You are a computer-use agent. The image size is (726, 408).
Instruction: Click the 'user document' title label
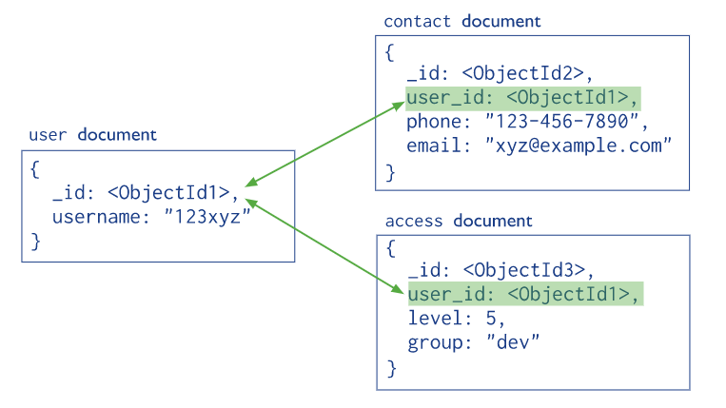coord(92,135)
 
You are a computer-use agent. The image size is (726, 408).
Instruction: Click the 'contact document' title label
coord(461,21)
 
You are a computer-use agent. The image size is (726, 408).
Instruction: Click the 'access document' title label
coord(458,221)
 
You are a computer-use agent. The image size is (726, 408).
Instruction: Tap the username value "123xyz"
coord(206,217)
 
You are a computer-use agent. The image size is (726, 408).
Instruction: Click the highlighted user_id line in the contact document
coord(522,98)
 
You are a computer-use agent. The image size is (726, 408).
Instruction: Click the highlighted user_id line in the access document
coord(525,293)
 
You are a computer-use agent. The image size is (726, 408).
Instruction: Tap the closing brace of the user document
coord(35,242)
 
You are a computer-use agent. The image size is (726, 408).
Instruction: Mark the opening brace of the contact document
coord(389,53)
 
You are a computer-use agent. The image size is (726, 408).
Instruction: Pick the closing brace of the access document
coord(391,367)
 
